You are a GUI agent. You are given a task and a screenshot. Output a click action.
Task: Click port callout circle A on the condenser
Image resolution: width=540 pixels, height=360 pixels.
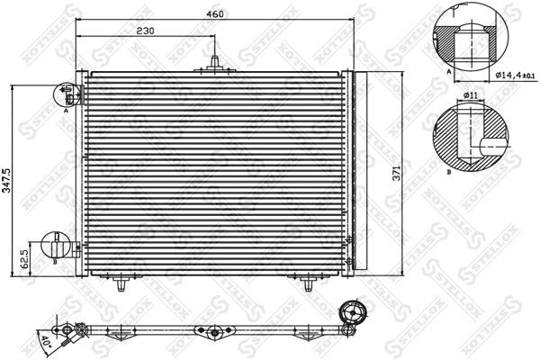[67, 94]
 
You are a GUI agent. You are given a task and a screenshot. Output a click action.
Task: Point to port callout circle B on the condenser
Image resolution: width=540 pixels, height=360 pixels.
[56, 245]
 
